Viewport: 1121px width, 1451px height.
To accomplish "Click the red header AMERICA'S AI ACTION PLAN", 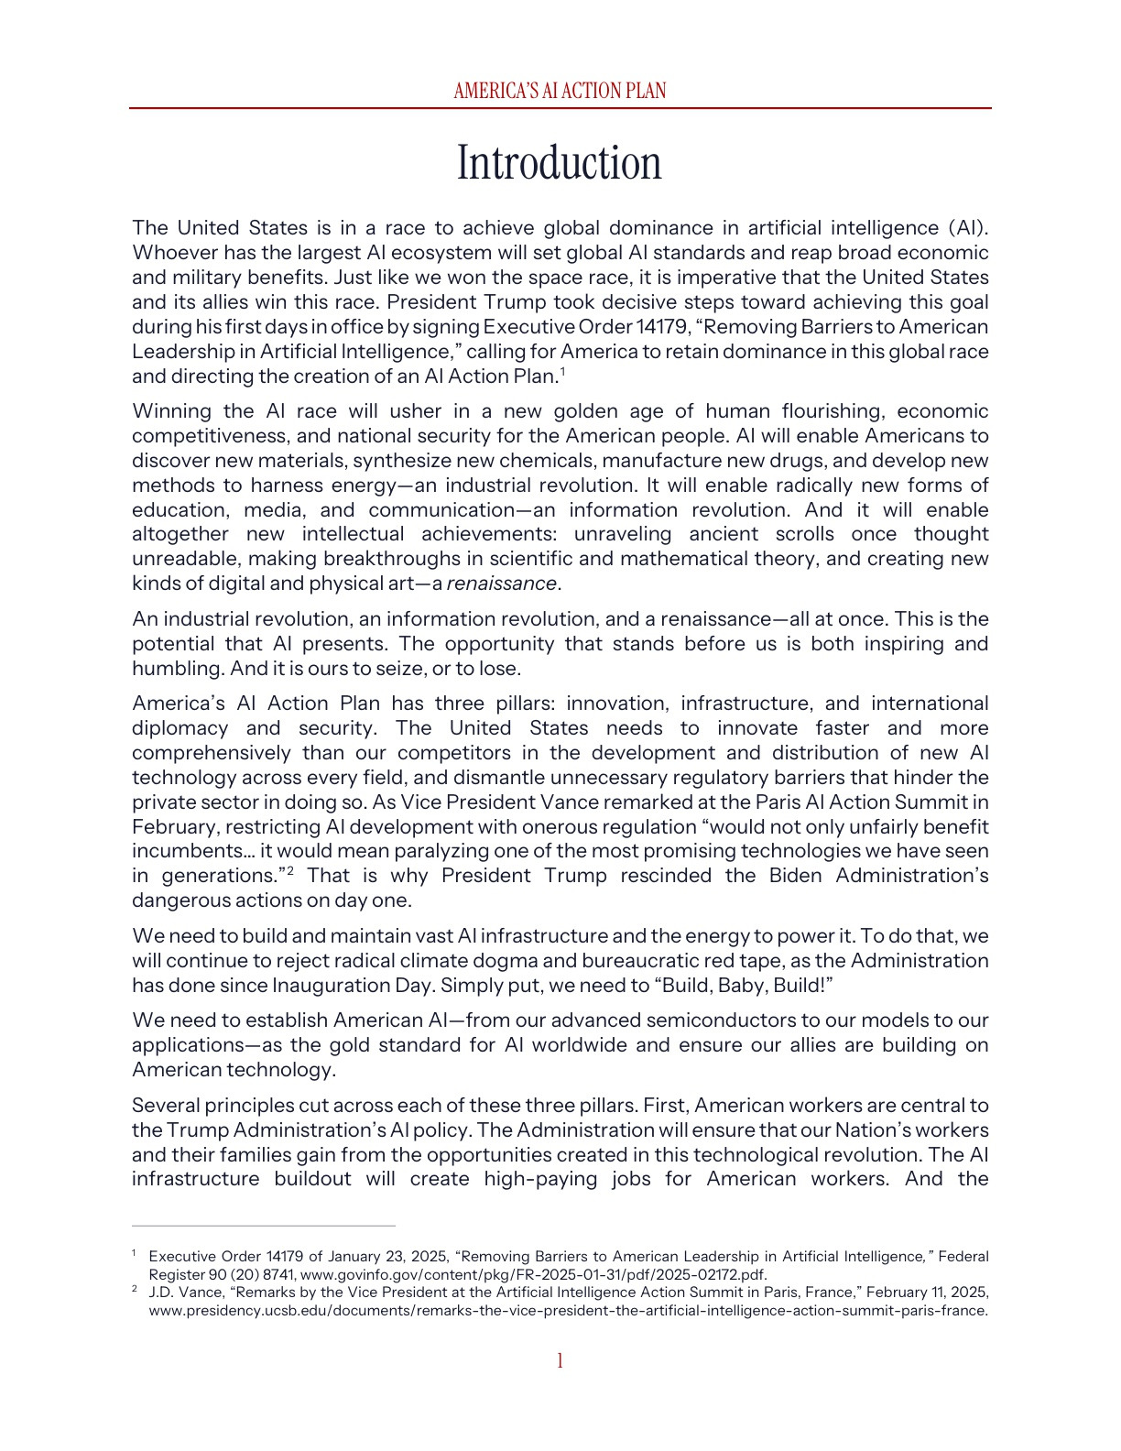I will pyautogui.click(x=560, y=91).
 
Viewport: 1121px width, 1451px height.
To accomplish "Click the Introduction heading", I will pyautogui.click(x=559, y=163).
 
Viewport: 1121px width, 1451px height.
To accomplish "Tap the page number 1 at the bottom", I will pyautogui.click(x=560, y=1360).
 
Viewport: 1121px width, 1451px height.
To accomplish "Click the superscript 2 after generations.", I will pyautogui.click(x=290, y=871).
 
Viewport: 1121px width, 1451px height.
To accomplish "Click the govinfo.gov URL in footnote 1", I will pyautogui.click(x=533, y=1275).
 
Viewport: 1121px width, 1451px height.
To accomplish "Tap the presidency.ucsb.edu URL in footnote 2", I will pyautogui.click(x=568, y=1311).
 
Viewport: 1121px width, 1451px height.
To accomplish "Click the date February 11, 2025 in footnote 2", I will pyautogui.click(x=927, y=1293).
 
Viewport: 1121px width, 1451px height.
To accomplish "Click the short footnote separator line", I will pyautogui.click(x=264, y=1225).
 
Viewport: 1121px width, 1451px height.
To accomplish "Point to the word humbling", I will pyautogui.click(x=177, y=669).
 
